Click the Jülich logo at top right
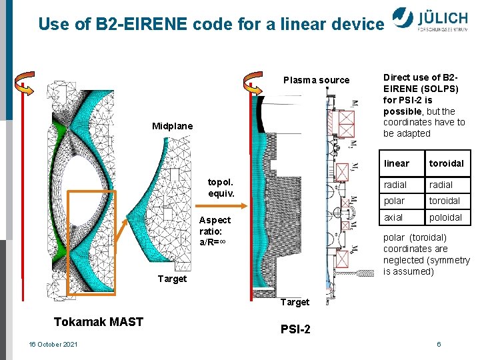pyautogui.click(x=434, y=20)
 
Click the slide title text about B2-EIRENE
pyautogui.click(x=211, y=25)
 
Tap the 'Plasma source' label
pyautogui.click(x=316, y=80)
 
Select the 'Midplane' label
pyautogui.click(x=172, y=126)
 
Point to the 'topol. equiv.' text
pyautogui.click(x=221, y=187)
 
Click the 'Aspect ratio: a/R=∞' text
pyautogui.click(x=215, y=231)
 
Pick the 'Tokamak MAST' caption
pyautogui.click(x=99, y=322)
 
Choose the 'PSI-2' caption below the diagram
pyautogui.click(x=295, y=329)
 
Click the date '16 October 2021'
pyautogui.click(x=53, y=344)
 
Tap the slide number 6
pyautogui.click(x=439, y=344)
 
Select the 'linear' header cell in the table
pyautogui.click(x=397, y=163)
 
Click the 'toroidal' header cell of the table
pyautogui.click(x=446, y=163)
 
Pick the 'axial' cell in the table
pyautogui.click(x=393, y=217)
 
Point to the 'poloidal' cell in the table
pyautogui.click(x=445, y=217)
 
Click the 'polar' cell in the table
pyautogui.click(x=393, y=201)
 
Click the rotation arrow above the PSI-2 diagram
pyautogui.click(x=254, y=80)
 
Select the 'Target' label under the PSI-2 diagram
pyautogui.click(x=295, y=302)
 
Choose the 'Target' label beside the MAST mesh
pyautogui.click(x=172, y=279)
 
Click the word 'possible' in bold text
pyautogui.click(x=403, y=111)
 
